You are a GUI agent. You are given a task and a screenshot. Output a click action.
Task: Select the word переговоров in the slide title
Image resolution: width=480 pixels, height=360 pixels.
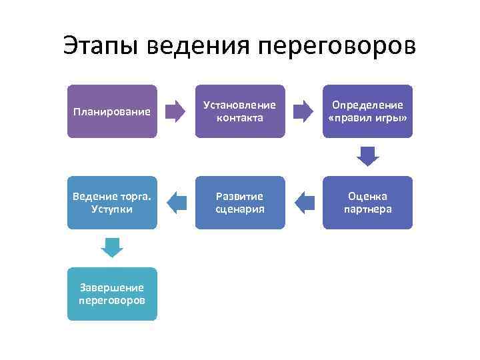click(335, 47)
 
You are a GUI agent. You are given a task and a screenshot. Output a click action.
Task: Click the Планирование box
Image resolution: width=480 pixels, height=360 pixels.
click(112, 111)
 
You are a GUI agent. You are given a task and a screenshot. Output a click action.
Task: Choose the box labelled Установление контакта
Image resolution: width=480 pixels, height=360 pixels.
click(240, 111)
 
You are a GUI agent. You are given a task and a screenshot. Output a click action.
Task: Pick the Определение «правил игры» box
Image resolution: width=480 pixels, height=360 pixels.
click(367, 111)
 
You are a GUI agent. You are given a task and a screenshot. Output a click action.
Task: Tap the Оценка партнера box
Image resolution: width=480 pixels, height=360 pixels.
click(367, 203)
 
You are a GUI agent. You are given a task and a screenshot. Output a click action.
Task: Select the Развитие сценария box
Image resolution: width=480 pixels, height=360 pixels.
click(240, 203)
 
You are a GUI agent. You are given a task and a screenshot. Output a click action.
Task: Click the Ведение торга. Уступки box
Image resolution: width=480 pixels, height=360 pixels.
click(112, 203)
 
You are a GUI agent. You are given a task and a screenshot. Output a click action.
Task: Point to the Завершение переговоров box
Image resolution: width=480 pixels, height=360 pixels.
click(112, 294)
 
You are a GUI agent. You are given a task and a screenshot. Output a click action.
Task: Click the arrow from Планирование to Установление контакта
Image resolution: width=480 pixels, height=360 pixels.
click(176, 111)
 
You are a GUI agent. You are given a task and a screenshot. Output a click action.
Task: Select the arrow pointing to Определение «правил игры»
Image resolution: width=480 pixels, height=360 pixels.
click(304, 111)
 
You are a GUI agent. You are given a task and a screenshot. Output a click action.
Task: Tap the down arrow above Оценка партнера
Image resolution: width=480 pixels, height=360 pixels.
click(367, 157)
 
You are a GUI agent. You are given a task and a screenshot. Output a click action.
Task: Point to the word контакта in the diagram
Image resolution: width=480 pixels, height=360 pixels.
click(240, 118)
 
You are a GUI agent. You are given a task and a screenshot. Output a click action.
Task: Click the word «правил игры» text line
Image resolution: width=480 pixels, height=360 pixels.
click(367, 118)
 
